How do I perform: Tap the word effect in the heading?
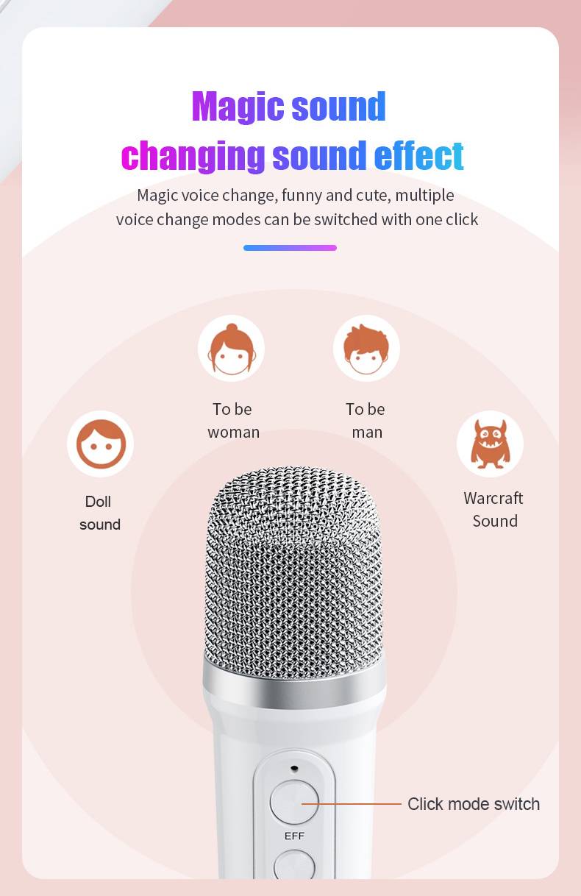pos(418,155)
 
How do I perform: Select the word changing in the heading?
pos(193,157)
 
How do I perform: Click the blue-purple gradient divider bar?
pos(290,248)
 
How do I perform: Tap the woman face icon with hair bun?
pos(232,349)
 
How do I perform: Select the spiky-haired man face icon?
pos(366,349)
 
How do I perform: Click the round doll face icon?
pos(101,444)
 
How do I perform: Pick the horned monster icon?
pos(490,444)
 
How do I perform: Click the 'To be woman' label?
pos(234,421)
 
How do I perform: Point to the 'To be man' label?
pos(366,421)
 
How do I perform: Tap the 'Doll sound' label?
pos(99,513)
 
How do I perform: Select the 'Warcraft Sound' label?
pos(493,509)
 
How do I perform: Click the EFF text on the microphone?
pos(294,836)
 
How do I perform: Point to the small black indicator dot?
pos(295,769)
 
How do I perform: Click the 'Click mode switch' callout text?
pos(474,804)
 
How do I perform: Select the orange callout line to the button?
pos(351,803)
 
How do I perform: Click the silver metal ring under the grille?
pos(294,684)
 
